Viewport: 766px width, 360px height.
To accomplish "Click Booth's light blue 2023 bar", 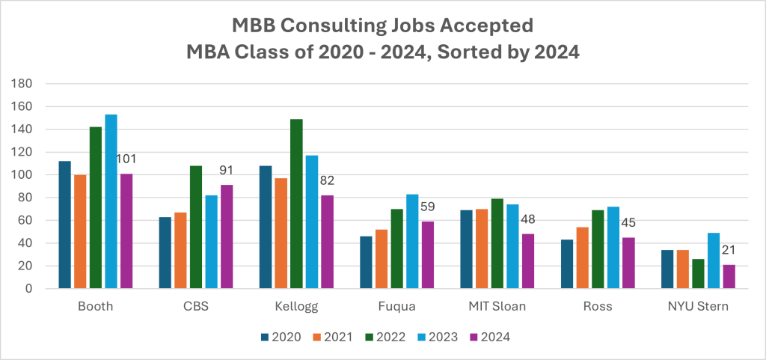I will [x=111, y=201].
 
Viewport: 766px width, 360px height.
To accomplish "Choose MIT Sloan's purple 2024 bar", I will [x=527, y=261].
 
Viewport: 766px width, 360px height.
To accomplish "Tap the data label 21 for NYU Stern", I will [x=729, y=250].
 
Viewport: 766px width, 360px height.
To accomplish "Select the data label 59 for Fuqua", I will [x=428, y=207].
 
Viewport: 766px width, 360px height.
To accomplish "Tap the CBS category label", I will [x=189, y=307].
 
